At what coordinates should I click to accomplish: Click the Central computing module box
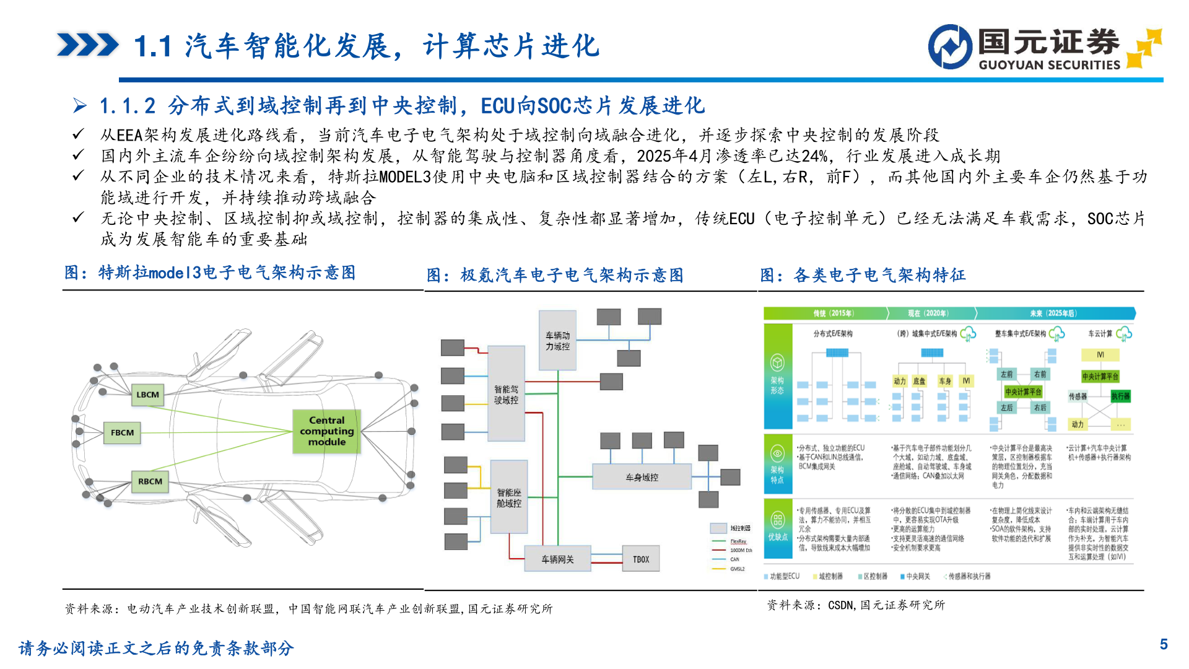[x=326, y=431]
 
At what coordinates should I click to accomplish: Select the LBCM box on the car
[x=147, y=395]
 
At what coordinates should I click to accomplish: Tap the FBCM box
[x=122, y=432]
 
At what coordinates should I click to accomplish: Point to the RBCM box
[x=150, y=481]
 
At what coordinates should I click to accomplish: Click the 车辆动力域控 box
[x=557, y=341]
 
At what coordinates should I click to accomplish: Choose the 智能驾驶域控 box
[x=506, y=395]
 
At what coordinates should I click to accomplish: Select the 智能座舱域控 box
[x=508, y=497]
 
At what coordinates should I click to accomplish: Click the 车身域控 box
[x=642, y=477]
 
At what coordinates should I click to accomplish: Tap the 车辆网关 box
[x=557, y=559]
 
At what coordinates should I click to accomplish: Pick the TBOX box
[x=641, y=559]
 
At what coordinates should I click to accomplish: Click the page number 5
[x=1164, y=645]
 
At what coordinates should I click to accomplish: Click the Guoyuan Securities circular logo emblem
[x=950, y=46]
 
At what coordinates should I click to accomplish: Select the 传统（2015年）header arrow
[x=826, y=313]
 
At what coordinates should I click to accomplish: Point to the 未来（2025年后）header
[x=1053, y=313]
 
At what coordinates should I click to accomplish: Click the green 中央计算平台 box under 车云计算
[x=1100, y=377]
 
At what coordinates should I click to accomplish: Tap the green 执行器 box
[x=1120, y=396]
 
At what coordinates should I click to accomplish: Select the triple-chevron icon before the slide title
[x=87, y=45]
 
